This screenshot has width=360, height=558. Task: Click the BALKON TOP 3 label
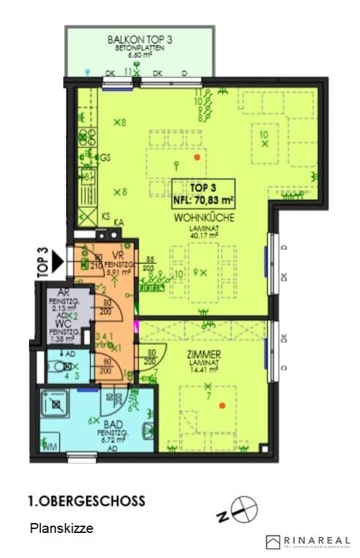click(139, 40)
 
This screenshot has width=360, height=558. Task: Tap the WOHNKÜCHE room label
click(204, 217)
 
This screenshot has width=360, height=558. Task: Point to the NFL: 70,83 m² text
click(204, 198)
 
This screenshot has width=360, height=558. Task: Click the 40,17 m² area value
click(204, 233)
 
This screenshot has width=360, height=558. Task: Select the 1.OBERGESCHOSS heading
click(86, 501)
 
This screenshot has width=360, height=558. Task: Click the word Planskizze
click(61, 528)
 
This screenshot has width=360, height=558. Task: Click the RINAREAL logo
click(308, 542)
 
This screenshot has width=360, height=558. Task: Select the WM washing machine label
click(49, 447)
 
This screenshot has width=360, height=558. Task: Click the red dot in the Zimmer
click(222, 404)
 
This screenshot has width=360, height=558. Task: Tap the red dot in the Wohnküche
click(196, 158)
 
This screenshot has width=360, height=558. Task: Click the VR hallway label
click(119, 255)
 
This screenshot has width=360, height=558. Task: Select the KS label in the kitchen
click(105, 216)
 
